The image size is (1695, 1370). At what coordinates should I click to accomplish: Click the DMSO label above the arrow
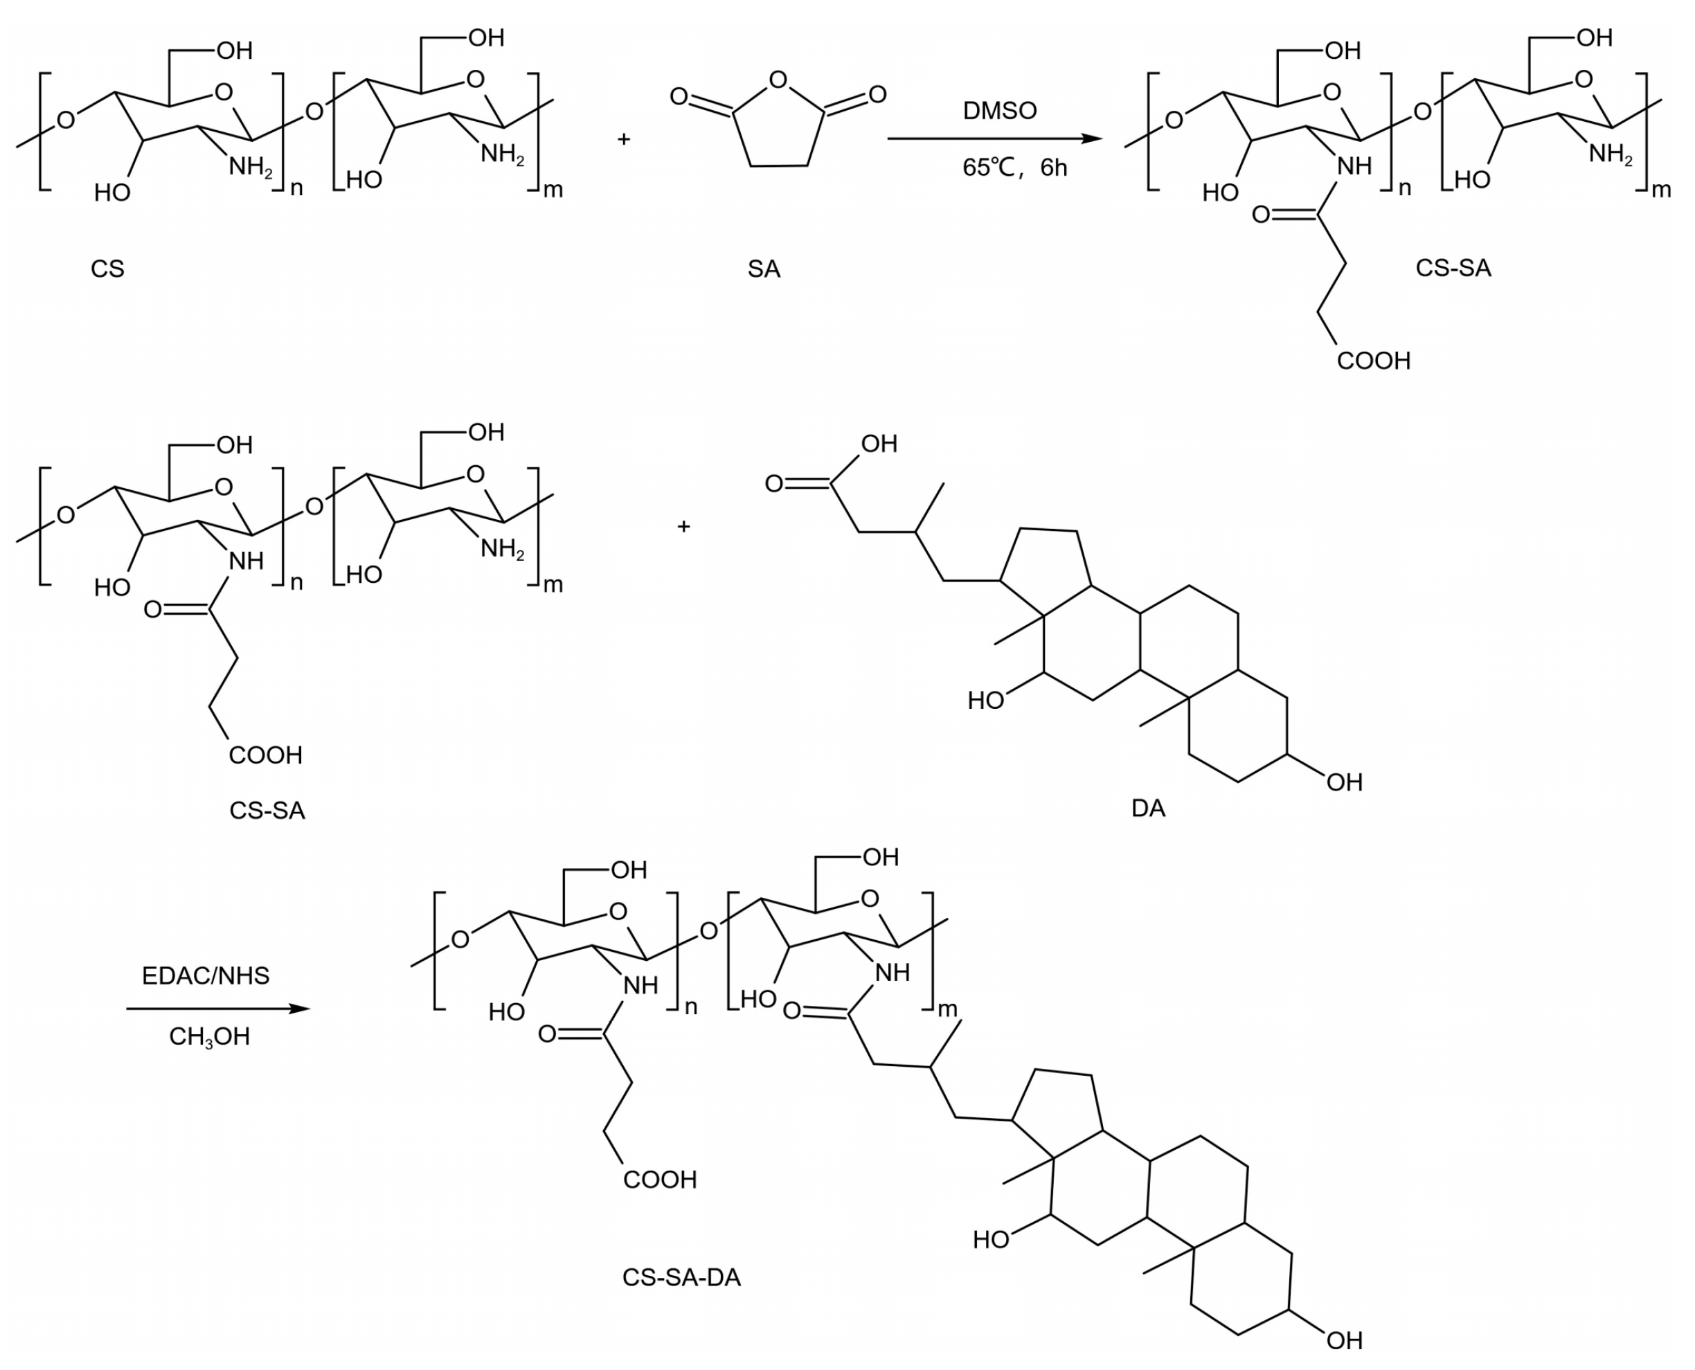999,111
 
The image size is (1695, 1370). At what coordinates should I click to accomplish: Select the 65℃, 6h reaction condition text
1014,168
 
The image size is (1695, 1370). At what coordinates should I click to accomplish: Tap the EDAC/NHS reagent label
205,976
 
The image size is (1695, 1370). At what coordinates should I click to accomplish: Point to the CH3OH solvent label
209,1036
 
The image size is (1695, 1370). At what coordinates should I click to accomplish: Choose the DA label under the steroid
1148,809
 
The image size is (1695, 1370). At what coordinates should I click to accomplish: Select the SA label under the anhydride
763,269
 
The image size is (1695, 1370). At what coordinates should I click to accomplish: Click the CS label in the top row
107,269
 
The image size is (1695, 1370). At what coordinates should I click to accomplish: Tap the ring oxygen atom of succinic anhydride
778,80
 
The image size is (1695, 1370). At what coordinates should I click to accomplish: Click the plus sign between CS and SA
623,140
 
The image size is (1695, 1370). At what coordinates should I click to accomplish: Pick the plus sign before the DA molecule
683,526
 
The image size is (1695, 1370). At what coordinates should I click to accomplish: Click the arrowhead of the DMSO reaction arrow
1092,139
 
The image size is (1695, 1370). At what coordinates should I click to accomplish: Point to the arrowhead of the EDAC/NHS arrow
300,1009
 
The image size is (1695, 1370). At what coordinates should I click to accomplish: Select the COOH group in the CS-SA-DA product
660,1180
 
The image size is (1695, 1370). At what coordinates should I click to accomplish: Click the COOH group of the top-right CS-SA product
1373,361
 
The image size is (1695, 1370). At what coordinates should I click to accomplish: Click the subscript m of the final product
947,1009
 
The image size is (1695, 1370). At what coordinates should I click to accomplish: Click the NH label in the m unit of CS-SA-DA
892,972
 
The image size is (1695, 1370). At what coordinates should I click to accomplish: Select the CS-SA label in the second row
267,811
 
